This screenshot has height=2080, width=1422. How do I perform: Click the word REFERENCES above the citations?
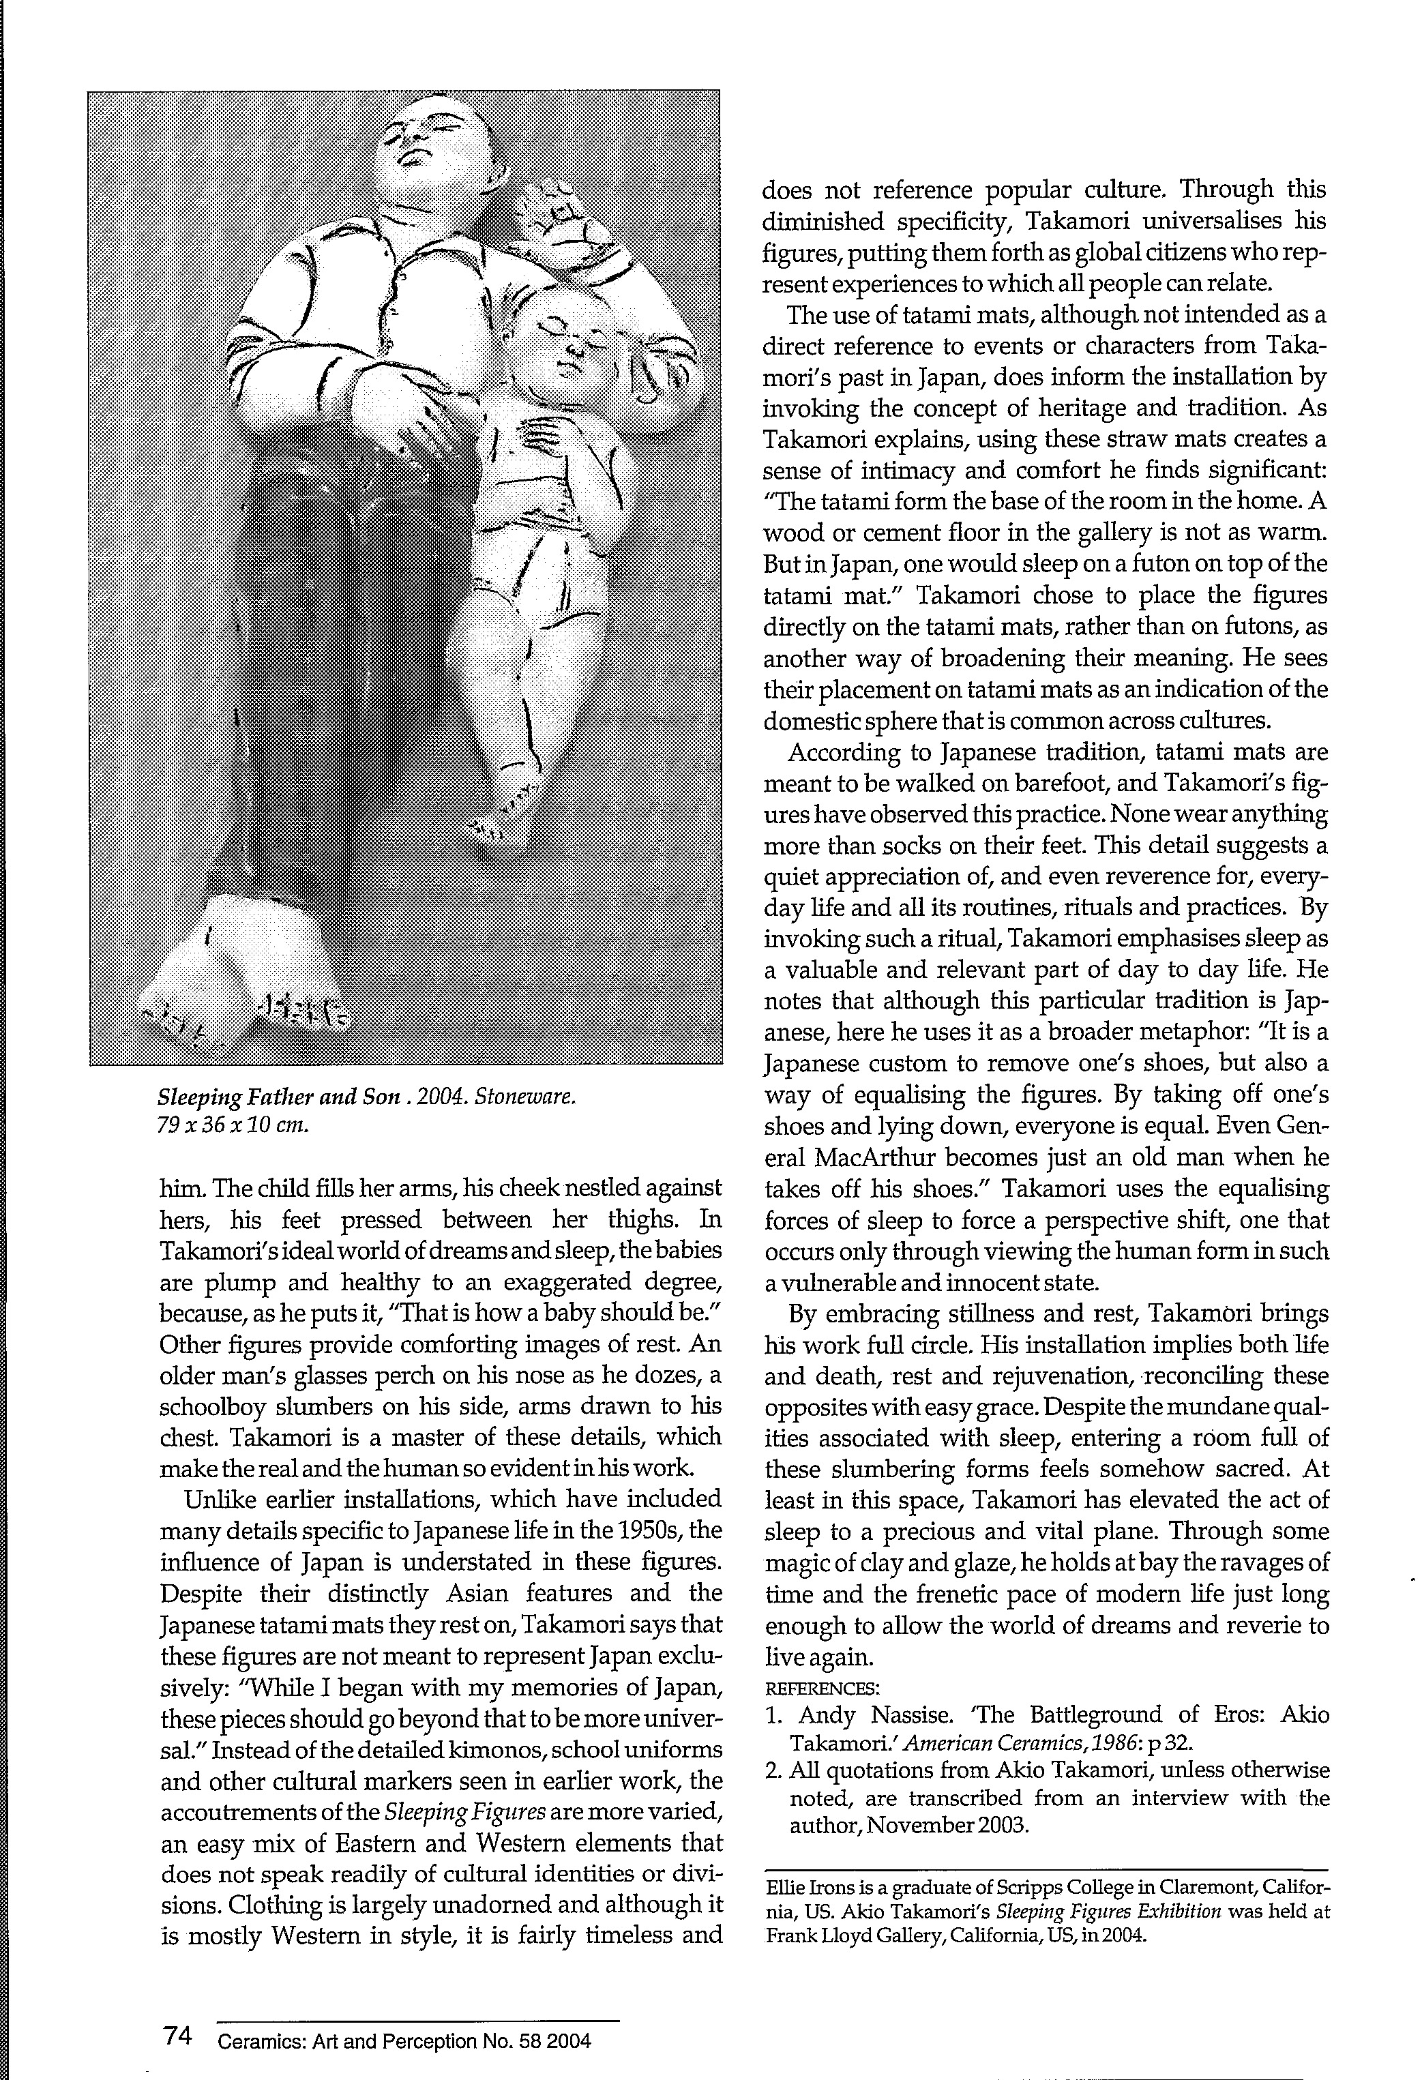tap(823, 1689)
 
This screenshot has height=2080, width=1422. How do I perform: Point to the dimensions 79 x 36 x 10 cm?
tap(233, 1125)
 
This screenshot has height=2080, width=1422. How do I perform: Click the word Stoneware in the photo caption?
tap(527, 1097)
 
